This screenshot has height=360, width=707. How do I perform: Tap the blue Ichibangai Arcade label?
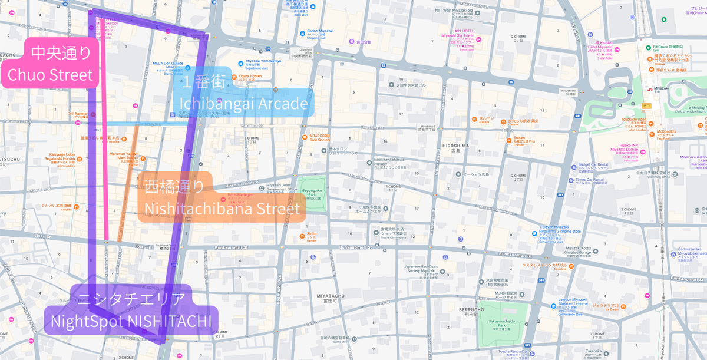(x=243, y=94)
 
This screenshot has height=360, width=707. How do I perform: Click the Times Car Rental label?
(x=590, y=181)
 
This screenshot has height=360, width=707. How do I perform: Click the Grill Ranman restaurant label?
(x=77, y=114)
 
